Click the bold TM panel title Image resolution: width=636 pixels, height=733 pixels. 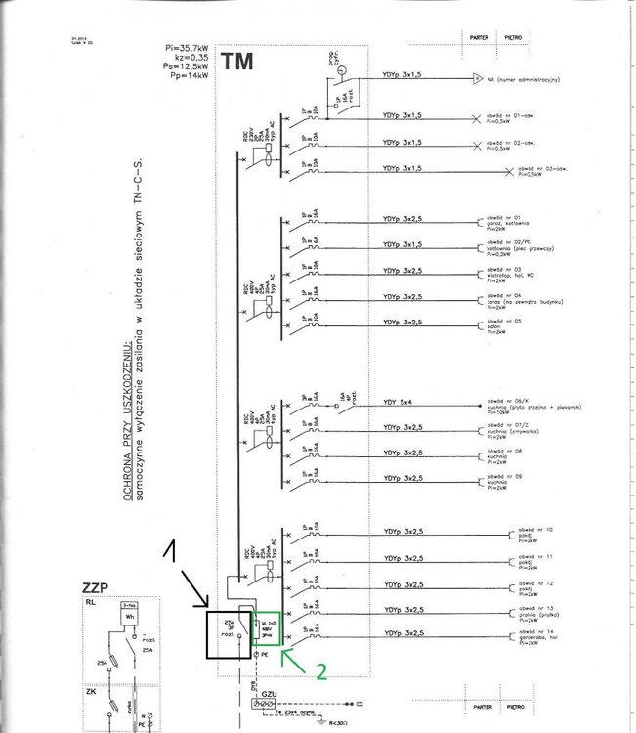[x=237, y=62]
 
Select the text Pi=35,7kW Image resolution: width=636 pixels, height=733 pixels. [x=191, y=47]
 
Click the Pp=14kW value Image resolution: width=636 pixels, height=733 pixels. [x=191, y=74]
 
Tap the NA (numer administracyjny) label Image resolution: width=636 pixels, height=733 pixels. [x=530, y=77]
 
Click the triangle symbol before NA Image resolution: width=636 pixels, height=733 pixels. [x=476, y=77]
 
